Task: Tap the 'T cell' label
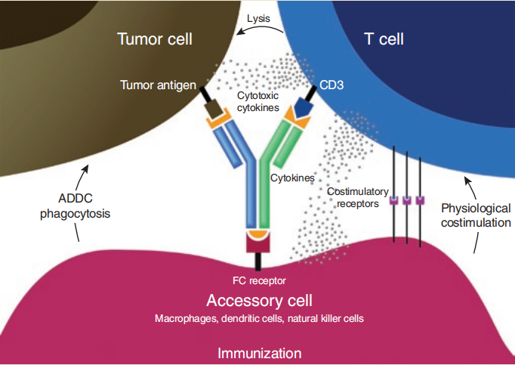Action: (x=384, y=39)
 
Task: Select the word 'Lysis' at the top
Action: (x=261, y=15)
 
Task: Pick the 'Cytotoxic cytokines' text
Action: (x=257, y=102)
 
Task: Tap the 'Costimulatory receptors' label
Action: (x=353, y=197)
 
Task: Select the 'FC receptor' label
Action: (x=257, y=280)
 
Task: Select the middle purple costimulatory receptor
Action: (x=407, y=201)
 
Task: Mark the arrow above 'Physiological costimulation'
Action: (x=470, y=186)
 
